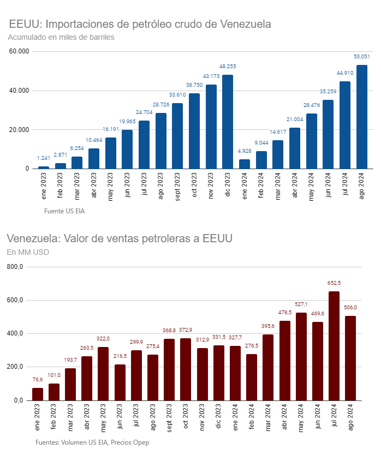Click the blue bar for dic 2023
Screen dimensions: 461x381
[x=228, y=122]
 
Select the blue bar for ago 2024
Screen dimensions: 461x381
[x=362, y=117]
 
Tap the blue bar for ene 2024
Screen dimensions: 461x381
[x=245, y=164]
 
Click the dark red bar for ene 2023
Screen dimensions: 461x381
[x=38, y=394]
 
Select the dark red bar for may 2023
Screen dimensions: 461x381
[x=103, y=374]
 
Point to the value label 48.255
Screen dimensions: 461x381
[x=228, y=67]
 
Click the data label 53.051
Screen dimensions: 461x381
[x=362, y=57]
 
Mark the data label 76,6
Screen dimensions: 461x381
[x=38, y=380]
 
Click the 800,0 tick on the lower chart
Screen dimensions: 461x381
[x=14, y=267]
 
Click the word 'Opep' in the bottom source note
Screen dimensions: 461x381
[x=141, y=442]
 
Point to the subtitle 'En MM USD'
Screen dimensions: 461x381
[x=28, y=252]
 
